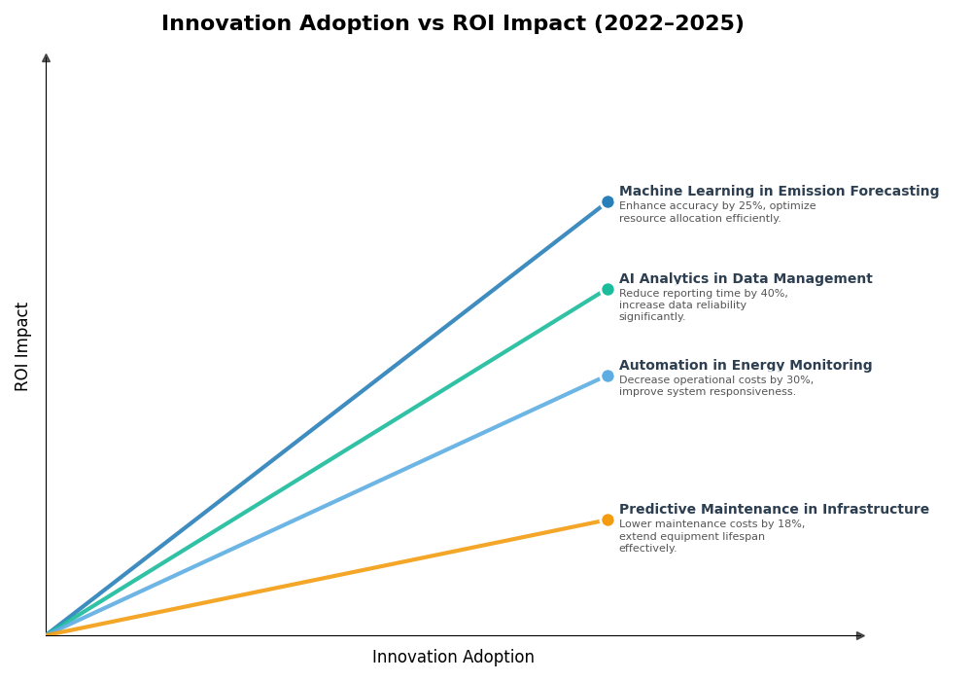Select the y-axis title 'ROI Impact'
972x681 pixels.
pyautogui.click(x=22, y=346)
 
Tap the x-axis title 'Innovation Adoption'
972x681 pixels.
pyautogui.click(x=453, y=658)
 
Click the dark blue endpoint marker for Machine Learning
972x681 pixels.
pyautogui.click(x=607, y=202)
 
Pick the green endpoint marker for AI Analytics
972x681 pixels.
pyautogui.click(x=607, y=289)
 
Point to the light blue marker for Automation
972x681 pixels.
pyautogui.click(x=607, y=376)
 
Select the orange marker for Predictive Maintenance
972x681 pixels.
pyautogui.click(x=607, y=520)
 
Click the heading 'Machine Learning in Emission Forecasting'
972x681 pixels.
pyautogui.click(x=779, y=192)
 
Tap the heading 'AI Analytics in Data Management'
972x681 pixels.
pyautogui.click(x=746, y=279)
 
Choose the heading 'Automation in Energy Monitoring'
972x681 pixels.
pyautogui.click(x=746, y=366)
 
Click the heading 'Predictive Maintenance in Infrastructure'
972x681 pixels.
pyautogui.click(x=774, y=510)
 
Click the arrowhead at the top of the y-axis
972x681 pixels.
pyautogui.click(x=46, y=58)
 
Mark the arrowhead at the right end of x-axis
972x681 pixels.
pyautogui.click(x=860, y=635)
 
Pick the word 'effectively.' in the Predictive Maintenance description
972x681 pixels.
pyautogui.click(x=647, y=549)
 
